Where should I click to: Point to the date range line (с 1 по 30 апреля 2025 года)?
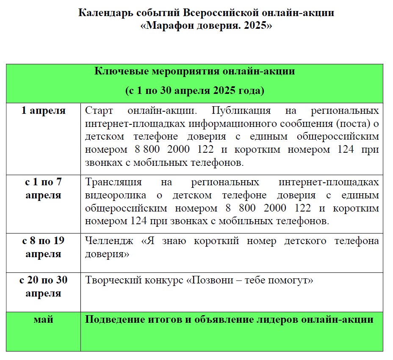click(x=195, y=91)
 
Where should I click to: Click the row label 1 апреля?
click(x=44, y=111)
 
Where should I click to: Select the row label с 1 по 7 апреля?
click(x=44, y=189)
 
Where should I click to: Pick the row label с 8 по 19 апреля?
click(x=44, y=247)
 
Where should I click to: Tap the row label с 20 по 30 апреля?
click(x=44, y=286)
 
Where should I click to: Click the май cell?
click(x=44, y=319)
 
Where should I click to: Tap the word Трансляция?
click(x=113, y=182)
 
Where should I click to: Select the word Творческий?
click(x=109, y=280)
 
